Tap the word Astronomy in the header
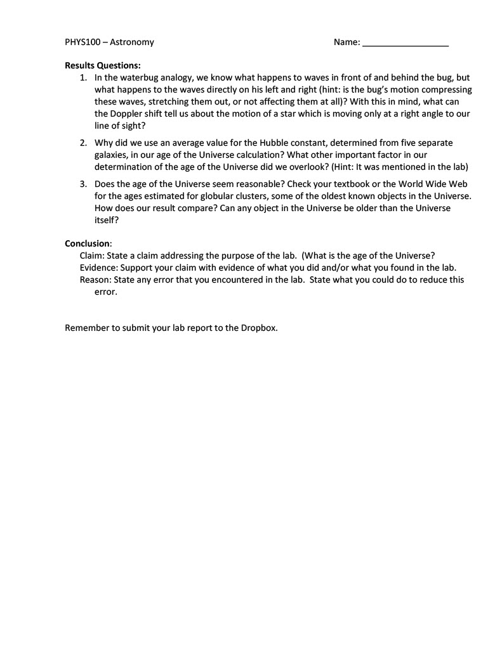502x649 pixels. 132,42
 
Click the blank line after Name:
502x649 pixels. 405,43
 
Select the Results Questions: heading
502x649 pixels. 103,65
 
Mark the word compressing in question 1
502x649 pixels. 444,89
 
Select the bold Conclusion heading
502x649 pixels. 88,243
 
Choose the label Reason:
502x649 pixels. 95,280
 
